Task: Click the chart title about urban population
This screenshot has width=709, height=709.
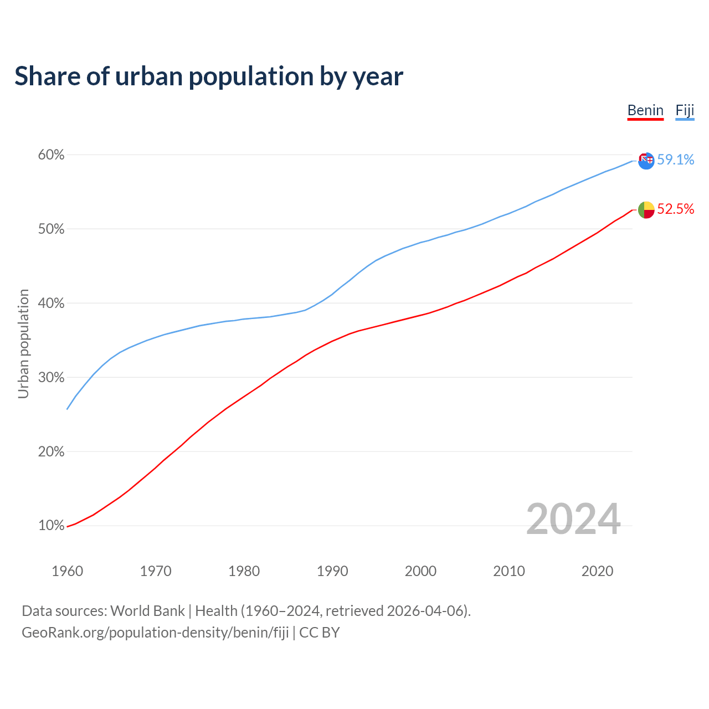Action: tap(208, 76)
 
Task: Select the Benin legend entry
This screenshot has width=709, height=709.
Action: tap(645, 110)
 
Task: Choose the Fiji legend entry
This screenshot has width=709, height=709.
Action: tap(685, 110)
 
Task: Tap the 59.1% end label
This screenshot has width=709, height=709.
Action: tap(675, 160)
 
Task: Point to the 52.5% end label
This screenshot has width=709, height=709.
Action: tap(675, 209)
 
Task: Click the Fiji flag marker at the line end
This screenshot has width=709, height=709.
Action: tap(646, 161)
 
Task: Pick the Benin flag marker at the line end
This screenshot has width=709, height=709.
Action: tap(646, 210)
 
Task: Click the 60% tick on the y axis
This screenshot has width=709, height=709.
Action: tap(52, 155)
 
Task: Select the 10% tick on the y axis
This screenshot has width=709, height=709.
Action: tap(52, 526)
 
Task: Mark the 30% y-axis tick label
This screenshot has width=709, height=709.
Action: tap(52, 378)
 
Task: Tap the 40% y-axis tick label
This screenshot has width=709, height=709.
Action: tap(52, 304)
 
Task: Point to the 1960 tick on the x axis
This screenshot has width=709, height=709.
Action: tap(68, 571)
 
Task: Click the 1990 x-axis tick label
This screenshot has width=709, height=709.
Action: tap(332, 571)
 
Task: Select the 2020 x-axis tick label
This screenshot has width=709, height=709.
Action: tap(597, 571)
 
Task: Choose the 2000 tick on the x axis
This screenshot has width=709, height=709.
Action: tap(421, 571)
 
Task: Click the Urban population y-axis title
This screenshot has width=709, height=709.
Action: tap(23, 343)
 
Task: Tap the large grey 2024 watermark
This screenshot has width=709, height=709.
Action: tap(573, 520)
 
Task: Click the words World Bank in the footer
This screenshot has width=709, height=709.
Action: tap(147, 611)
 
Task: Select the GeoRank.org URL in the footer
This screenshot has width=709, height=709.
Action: tap(155, 633)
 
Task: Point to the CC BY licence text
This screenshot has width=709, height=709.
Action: tap(320, 633)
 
